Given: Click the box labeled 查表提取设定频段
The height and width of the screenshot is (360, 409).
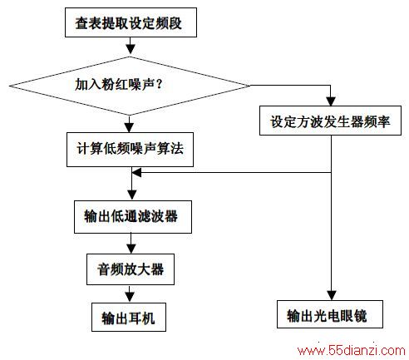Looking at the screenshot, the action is point(131,22).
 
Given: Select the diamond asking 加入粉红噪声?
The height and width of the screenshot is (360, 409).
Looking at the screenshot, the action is point(130,86).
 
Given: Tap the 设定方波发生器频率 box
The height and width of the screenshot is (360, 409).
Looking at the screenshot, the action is point(330,121).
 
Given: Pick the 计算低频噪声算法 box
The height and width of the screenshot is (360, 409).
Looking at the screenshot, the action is point(130,150).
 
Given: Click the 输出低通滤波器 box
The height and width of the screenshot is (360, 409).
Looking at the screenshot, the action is point(133,217).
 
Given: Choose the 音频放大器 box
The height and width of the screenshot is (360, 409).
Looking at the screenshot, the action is point(131,269).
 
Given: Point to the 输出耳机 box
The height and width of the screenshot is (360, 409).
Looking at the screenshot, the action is point(129,317).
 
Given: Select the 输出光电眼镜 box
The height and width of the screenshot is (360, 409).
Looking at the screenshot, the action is point(330,314).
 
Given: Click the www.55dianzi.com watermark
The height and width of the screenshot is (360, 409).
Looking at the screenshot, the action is point(352,351).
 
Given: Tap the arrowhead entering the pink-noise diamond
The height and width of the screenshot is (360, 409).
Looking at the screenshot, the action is point(131,49).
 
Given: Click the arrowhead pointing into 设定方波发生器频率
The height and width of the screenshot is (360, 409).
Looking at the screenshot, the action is point(331,101).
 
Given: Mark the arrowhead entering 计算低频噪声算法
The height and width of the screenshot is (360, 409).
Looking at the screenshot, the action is point(129,128).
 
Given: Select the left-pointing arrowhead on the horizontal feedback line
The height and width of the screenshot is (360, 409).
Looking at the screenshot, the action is point(137,173).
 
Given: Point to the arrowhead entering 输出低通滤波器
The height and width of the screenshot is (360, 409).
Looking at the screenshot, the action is point(132,195).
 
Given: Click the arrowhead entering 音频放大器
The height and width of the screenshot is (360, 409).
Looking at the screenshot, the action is point(131,249).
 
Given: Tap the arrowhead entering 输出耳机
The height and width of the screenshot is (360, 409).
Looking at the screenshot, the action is point(130,298).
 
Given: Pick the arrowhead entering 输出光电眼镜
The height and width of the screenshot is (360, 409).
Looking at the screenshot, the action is point(332,295).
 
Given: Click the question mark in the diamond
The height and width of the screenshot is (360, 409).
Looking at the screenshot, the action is point(159,84).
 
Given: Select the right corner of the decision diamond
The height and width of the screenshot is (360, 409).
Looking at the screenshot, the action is point(250,86).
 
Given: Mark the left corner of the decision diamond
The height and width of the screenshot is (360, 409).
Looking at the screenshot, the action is point(9,86).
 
